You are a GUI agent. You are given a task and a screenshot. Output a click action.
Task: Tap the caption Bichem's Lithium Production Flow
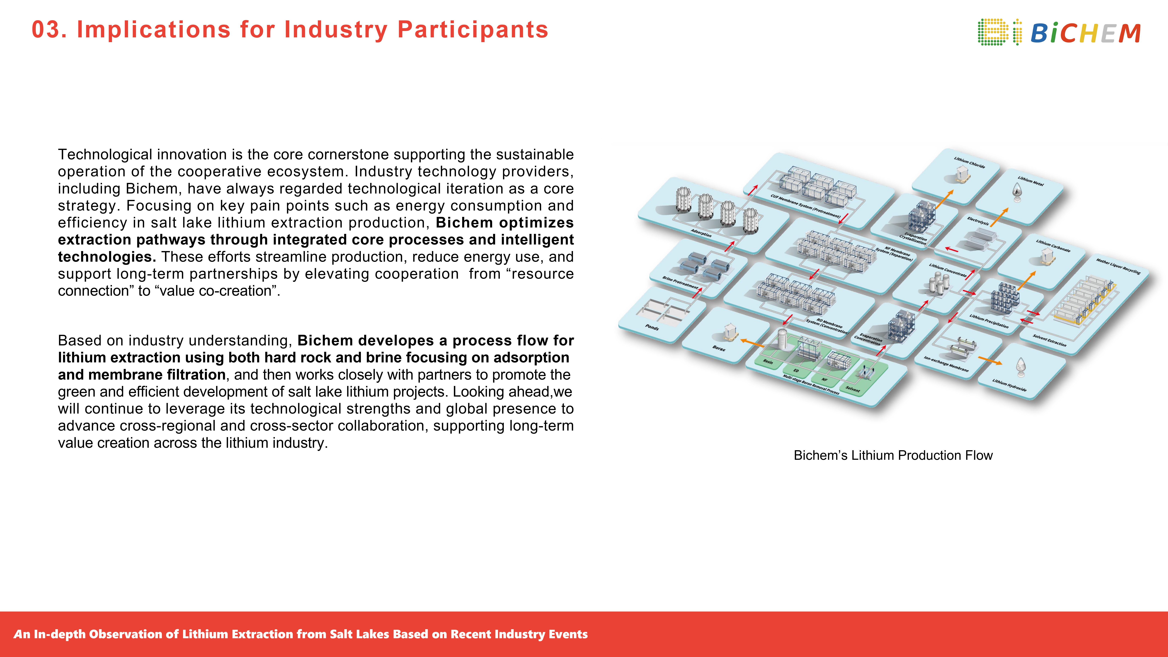point(893,455)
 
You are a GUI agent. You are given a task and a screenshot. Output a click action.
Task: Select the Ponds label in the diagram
point(652,327)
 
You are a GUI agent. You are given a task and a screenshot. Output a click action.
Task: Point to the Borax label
point(719,348)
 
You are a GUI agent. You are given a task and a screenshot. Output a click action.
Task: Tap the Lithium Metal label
point(1031,181)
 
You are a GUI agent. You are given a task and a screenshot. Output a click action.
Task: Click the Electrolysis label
point(978,221)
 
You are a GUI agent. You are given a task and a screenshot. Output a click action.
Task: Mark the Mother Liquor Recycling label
point(1118,266)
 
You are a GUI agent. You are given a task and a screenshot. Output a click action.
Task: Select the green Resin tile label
point(768,361)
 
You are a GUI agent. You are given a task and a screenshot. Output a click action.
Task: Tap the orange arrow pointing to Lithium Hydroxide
point(990,360)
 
